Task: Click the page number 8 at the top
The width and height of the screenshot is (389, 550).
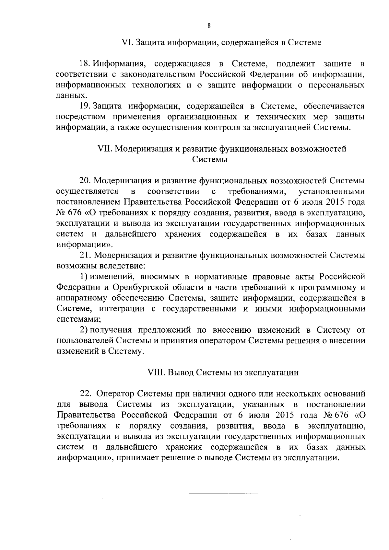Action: pos(209,26)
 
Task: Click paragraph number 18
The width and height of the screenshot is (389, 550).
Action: pos(84,64)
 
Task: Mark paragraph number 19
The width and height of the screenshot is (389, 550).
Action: pos(84,106)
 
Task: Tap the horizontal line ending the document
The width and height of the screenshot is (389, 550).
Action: pos(223,494)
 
